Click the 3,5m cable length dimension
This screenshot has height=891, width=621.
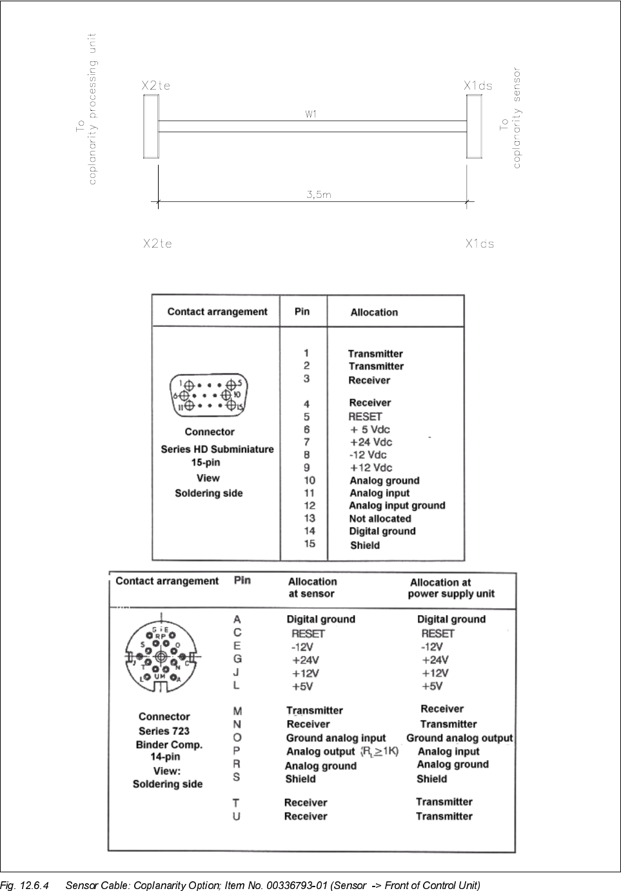pos(319,194)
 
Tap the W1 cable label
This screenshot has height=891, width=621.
pos(311,114)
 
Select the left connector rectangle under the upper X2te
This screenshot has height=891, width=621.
pos(151,126)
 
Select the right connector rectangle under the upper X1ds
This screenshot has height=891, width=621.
pos(474,126)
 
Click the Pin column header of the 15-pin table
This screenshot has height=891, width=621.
pos(302,311)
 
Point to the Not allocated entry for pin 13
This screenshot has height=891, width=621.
pos(380,518)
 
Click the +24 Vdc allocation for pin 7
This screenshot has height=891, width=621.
pos(371,442)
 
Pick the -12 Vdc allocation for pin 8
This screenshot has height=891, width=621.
pos(368,455)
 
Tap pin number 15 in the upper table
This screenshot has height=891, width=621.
pos(310,544)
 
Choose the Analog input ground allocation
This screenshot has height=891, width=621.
pos(397,505)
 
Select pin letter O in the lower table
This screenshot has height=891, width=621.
pos(237,738)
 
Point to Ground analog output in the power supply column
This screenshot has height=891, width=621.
pos(459,738)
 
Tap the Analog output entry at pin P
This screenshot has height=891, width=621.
pos(320,752)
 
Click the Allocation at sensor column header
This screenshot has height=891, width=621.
pos(312,587)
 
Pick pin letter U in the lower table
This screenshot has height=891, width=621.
pos(237,816)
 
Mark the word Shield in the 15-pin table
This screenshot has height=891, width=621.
pos(364,545)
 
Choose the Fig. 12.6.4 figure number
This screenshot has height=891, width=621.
pos(25,885)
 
